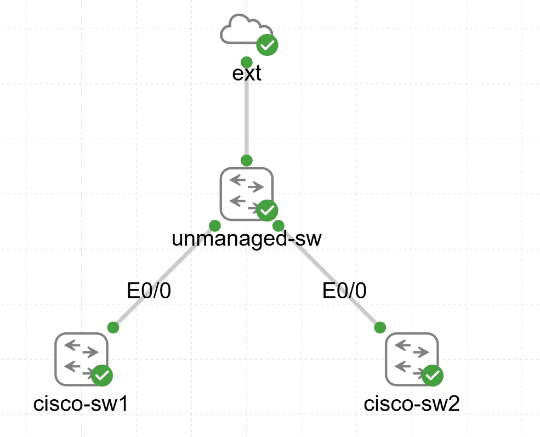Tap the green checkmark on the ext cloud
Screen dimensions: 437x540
[267, 45]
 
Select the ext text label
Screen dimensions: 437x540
[247, 73]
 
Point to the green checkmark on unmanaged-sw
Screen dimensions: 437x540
[268, 209]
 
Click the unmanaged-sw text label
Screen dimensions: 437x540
[247, 239]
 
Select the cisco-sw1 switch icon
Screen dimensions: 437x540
[81, 359]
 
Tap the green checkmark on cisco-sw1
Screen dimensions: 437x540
[102, 375]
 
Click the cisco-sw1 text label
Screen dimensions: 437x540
[81, 405]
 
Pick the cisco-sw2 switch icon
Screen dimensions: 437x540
[411, 359]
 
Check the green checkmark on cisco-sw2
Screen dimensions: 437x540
[433, 375]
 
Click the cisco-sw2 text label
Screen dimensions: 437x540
[412, 405]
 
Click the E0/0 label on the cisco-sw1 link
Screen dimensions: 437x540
[149, 291]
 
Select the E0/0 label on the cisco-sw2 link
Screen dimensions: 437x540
[344, 291]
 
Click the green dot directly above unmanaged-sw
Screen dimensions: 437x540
[247, 160]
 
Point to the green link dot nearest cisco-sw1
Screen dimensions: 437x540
[113, 327]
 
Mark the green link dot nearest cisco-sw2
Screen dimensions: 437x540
[379, 327]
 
